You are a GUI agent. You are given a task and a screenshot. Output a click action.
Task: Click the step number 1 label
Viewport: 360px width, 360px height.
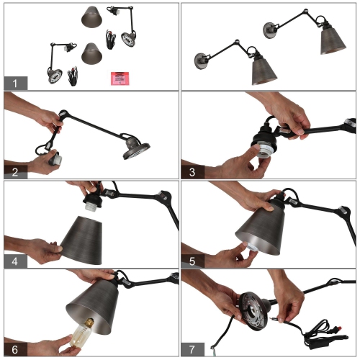point(14,82)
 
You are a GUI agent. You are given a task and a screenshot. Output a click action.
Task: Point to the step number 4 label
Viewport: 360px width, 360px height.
point(14,259)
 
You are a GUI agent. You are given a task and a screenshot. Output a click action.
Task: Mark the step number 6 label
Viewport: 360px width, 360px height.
point(14,348)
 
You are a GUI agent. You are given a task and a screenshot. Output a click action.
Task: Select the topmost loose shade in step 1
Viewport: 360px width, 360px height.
point(92,15)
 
